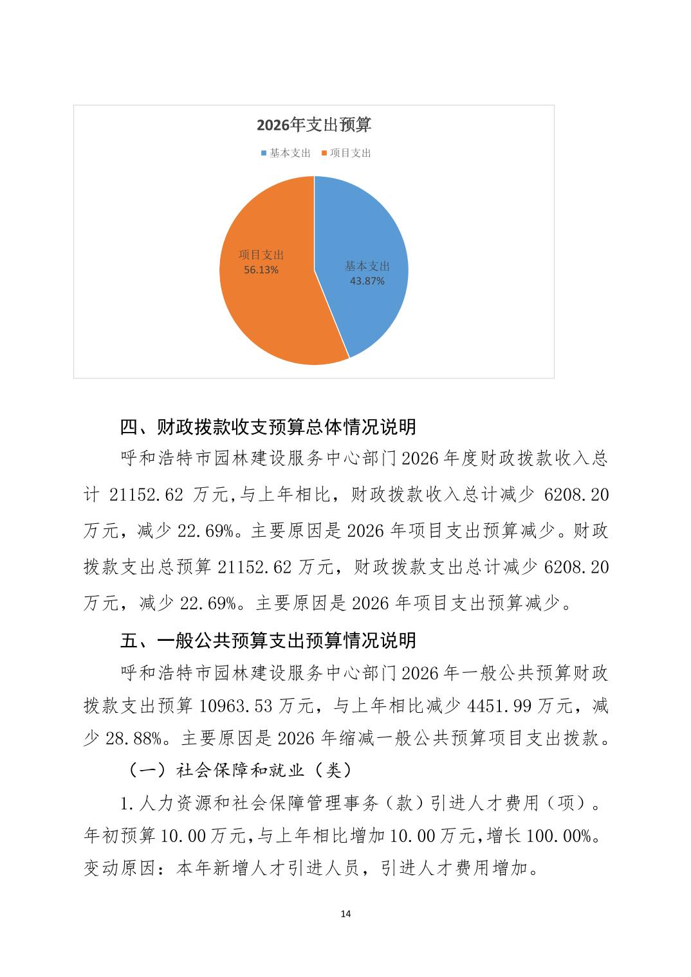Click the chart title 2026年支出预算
coord(314,125)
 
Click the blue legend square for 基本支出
coord(263,154)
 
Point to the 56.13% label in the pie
coord(261,270)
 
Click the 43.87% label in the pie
coord(367,281)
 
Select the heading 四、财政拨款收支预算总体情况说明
coord(268,426)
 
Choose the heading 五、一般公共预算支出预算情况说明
coord(268,640)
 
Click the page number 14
coord(345,913)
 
